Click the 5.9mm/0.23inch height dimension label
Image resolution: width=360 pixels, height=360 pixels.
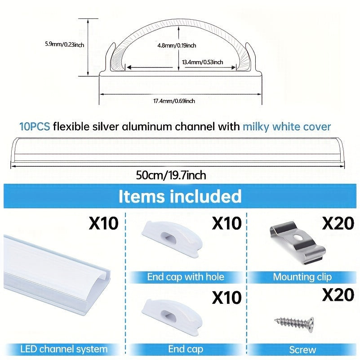[65, 44]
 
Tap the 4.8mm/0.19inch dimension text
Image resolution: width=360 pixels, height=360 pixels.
[177, 45]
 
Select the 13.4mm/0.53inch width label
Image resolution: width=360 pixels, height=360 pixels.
[203, 62]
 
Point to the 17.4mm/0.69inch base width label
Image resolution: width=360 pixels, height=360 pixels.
[174, 101]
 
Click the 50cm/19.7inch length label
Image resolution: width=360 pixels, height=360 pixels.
[171, 175]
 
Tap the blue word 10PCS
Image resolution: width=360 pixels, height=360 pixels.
[35, 126]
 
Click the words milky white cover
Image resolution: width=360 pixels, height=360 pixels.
[287, 126]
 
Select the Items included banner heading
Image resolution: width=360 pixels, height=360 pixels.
[180, 196]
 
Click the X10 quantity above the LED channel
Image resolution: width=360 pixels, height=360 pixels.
[103, 223]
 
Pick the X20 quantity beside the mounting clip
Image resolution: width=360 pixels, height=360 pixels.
[338, 223]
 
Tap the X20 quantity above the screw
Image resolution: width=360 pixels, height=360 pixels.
[338, 294]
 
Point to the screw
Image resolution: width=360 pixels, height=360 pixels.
[294, 324]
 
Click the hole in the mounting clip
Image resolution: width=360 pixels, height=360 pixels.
[299, 237]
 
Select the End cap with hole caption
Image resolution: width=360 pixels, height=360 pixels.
[186, 277]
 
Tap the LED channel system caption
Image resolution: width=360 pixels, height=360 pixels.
[64, 349]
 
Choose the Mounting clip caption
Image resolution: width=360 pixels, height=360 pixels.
[302, 277]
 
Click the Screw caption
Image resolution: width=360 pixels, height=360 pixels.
[302, 350]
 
